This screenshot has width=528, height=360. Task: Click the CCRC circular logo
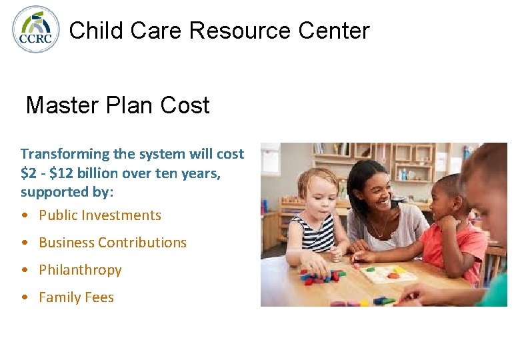tap(36, 29)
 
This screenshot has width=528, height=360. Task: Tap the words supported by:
tap(67, 192)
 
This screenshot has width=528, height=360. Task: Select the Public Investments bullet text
tap(100, 215)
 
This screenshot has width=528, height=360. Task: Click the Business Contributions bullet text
tap(113, 243)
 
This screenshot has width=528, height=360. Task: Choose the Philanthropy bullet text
tap(80, 270)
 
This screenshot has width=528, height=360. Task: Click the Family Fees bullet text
tap(76, 297)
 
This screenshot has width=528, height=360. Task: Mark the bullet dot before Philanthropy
tap(25, 270)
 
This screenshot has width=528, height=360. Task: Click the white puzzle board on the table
tap(387, 273)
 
